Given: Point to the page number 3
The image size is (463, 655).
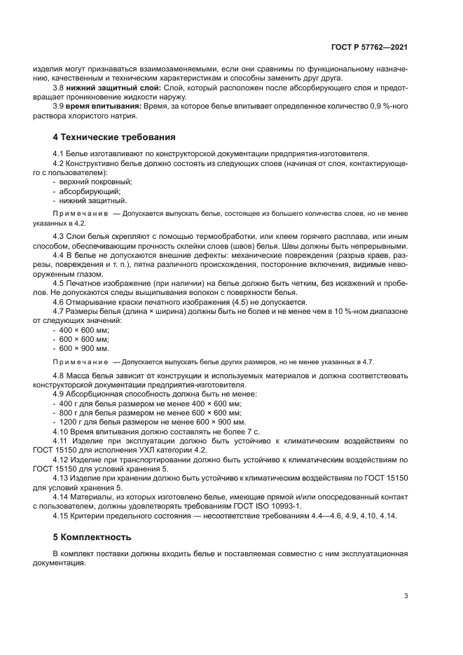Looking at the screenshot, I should click(x=406, y=596).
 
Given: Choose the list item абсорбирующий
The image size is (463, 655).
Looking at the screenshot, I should click(x=90, y=191).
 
